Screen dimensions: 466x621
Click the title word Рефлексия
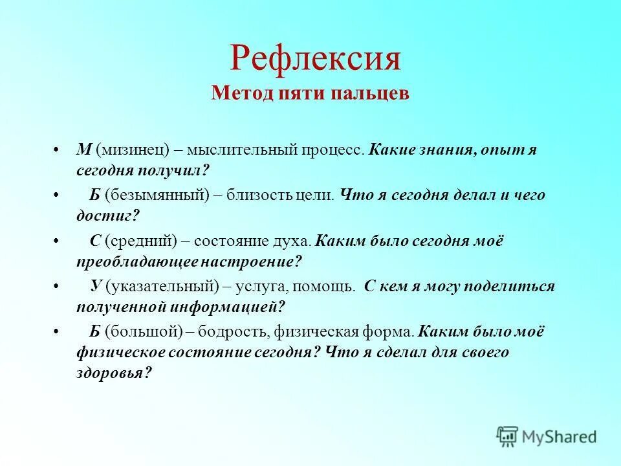315,58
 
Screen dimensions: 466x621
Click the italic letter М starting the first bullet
83,149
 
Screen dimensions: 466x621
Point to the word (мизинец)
133,150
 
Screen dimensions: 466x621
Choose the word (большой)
142,332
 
